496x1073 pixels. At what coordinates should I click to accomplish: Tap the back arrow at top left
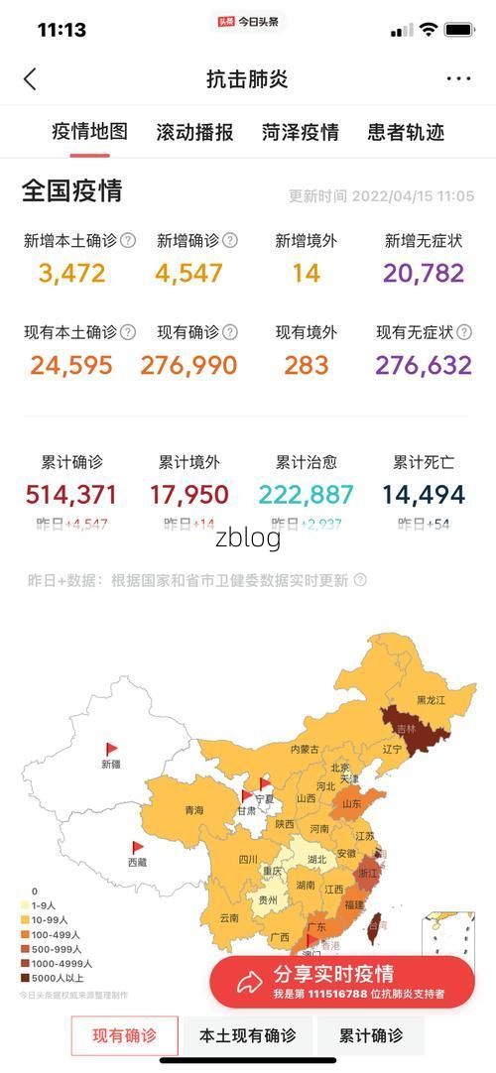30,79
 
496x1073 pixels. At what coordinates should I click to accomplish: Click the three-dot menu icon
458,79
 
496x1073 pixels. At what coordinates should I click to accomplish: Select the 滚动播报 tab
194,132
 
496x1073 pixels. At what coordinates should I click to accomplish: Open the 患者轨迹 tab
406,132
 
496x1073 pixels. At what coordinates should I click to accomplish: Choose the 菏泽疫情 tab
301,132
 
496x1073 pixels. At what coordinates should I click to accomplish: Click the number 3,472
72,273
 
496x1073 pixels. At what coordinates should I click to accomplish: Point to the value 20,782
424,273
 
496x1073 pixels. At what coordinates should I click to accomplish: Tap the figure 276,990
188,365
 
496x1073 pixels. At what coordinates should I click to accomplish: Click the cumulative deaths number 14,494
424,494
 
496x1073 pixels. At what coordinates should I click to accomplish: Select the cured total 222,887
307,494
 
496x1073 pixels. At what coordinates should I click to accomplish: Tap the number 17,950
188,494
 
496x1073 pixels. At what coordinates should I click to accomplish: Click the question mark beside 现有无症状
464,332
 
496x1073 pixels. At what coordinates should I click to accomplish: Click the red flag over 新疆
111,750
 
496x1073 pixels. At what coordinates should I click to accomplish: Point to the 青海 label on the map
194,811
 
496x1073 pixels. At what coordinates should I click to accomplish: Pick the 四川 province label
247,860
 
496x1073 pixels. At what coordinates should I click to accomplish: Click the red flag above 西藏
138,848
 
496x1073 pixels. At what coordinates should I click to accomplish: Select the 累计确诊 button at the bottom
371,1036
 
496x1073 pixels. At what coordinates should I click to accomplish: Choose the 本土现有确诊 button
247,1036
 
